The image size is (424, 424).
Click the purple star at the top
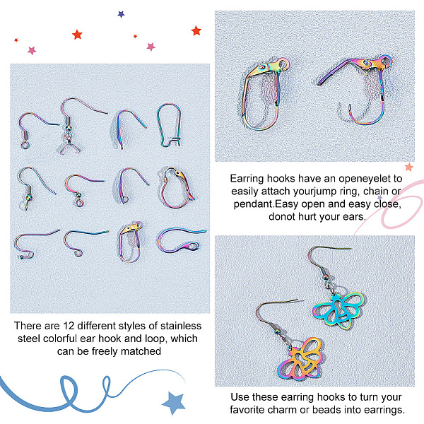121,14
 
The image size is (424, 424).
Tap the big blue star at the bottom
174,403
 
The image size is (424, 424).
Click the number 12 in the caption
69,326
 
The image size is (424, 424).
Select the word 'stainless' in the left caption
181,326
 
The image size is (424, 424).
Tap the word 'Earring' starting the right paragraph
247,179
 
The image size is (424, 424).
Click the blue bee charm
338,310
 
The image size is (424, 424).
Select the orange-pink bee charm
300,358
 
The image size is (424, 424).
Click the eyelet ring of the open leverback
386,61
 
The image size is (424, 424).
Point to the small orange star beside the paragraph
409,167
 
